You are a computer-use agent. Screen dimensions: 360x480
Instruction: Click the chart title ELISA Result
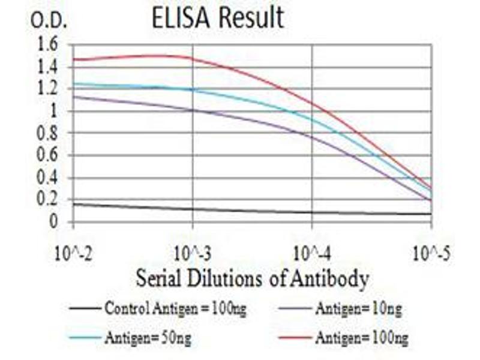[x=218, y=18]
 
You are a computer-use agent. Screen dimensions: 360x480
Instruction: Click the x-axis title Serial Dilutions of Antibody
[x=252, y=278]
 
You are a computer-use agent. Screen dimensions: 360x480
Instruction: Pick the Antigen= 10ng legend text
[x=358, y=309]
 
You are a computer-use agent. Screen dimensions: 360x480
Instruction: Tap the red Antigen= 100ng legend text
[x=361, y=338]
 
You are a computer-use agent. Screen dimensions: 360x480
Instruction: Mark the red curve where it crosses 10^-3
[x=193, y=58]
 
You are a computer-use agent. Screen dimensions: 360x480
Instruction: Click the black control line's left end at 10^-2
[x=74, y=204]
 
